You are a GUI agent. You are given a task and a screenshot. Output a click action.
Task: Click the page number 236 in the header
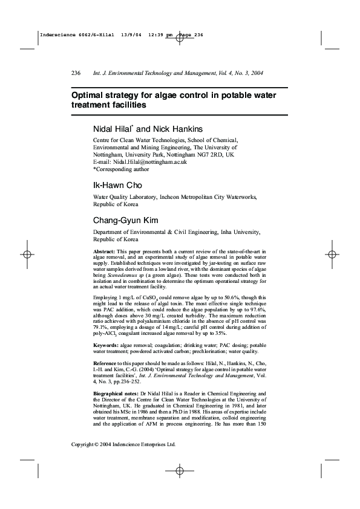pyautogui.click(x=76, y=73)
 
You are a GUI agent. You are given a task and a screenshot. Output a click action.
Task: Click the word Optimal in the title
pyautogui.click(x=90, y=95)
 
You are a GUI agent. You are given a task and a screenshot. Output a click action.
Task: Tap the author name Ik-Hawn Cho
pyautogui.click(x=117, y=184)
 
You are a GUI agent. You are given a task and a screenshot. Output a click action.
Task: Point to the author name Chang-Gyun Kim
pyautogui.click(x=125, y=220)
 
